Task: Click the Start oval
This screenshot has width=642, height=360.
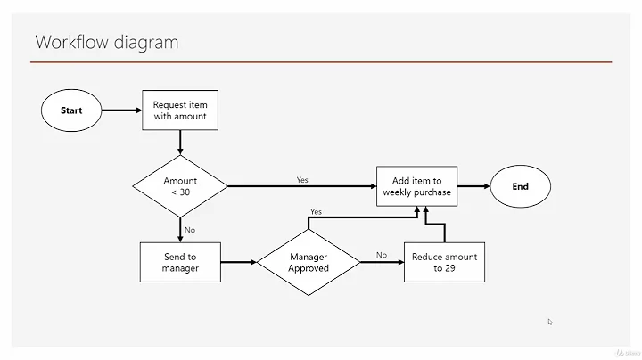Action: (71, 110)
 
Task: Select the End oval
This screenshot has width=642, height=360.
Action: (520, 186)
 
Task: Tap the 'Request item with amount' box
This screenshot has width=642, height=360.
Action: (179, 110)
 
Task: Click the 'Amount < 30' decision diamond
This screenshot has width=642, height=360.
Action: (179, 186)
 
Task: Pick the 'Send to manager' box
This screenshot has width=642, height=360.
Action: (180, 262)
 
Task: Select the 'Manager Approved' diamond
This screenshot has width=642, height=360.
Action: (309, 262)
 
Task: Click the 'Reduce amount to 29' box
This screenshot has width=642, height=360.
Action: (443, 262)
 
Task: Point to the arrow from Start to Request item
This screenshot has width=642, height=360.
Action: (123, 110)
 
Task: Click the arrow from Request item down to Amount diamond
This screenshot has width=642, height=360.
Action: (180, 142)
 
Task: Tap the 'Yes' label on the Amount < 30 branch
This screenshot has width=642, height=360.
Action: (302, 180)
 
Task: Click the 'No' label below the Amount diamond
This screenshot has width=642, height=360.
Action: (189, 230)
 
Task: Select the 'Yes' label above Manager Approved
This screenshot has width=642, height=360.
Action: (316, 212)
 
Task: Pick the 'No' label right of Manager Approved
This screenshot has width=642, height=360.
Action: (381, 255)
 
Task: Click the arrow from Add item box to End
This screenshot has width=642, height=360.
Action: (473, 186)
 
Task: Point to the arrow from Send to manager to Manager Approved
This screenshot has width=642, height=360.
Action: (239, 262)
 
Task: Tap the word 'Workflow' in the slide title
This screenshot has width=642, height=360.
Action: (72, 42)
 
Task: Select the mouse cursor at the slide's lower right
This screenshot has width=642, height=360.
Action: (550, 322)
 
